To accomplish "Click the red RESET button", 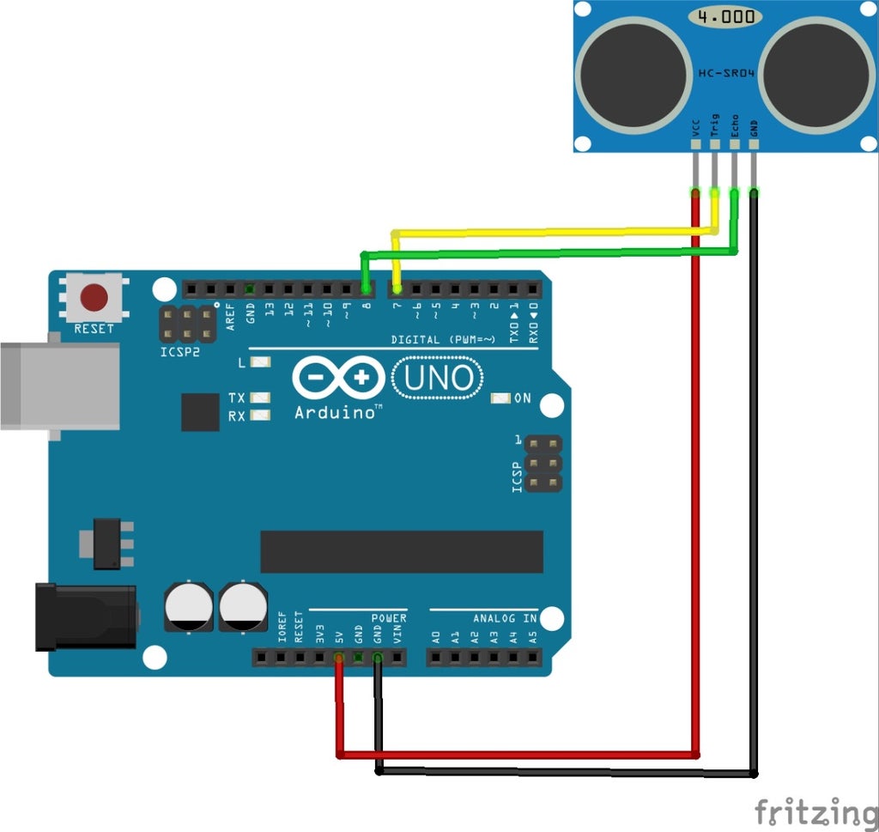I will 94,298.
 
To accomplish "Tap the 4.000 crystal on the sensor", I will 726,16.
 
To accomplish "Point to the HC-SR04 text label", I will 725,74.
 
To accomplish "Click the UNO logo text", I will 438,378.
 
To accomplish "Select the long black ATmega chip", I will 401,551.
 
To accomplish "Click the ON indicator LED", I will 499,398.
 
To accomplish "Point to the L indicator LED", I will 258,363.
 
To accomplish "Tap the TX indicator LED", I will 258,398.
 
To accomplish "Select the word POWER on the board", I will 389,618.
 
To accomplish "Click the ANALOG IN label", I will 505,618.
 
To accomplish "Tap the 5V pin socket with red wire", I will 339,658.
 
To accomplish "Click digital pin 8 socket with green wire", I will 366,288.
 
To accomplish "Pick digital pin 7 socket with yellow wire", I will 397,288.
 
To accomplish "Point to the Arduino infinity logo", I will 338,378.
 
